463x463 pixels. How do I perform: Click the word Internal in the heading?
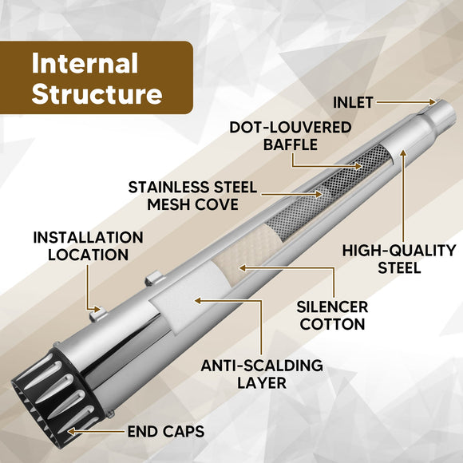85,63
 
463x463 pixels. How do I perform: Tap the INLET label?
353,102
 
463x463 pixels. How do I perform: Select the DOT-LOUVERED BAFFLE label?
291,137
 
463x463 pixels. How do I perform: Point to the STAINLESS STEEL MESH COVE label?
192,196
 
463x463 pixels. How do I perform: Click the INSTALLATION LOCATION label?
89,246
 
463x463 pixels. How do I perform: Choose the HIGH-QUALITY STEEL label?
399,259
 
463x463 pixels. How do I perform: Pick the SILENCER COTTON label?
332,315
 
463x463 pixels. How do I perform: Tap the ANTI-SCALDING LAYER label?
262,374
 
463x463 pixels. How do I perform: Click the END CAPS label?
166,431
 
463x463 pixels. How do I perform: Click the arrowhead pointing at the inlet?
433,102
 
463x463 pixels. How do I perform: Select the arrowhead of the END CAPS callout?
71,431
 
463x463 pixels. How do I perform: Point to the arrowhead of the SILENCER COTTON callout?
243,268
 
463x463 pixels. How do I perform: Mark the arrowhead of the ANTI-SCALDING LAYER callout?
198,301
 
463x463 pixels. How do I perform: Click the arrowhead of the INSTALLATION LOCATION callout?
97,310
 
